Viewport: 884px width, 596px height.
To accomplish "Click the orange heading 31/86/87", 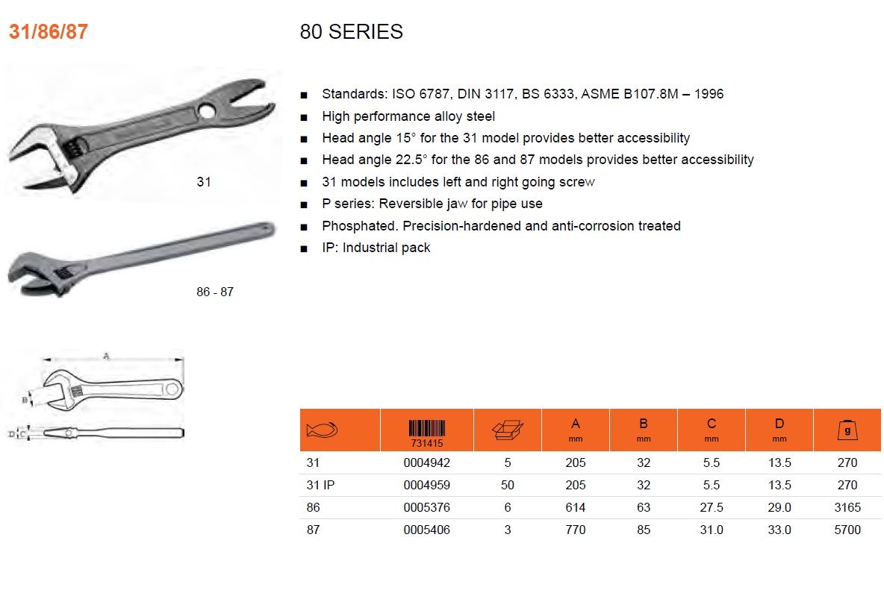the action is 49,31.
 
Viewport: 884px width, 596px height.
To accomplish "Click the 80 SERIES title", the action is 351,31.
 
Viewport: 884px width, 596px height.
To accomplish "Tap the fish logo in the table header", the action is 322,430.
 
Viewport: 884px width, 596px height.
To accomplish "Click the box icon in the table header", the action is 508,430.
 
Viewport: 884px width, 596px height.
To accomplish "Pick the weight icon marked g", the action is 847,430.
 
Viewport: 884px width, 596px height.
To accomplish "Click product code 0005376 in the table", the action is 427,507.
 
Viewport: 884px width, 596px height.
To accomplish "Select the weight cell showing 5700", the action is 847,530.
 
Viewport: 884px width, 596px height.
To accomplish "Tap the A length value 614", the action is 575,507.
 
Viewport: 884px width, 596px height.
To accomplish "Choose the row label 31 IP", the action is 320,485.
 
